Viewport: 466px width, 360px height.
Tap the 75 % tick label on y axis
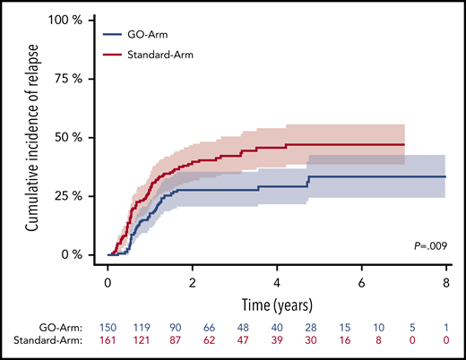pos(73,78)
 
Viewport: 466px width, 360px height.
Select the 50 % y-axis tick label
pos(73,137)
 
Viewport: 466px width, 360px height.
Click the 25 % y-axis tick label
pos(73,196)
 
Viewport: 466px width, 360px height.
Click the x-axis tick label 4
pos(278,281)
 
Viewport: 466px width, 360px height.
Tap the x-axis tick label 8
pos(447,281)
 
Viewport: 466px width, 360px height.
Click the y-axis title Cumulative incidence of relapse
pos(31,138)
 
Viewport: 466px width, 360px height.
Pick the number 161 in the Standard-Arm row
pos(108,342)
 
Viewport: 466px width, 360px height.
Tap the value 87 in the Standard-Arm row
pos(193,342)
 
